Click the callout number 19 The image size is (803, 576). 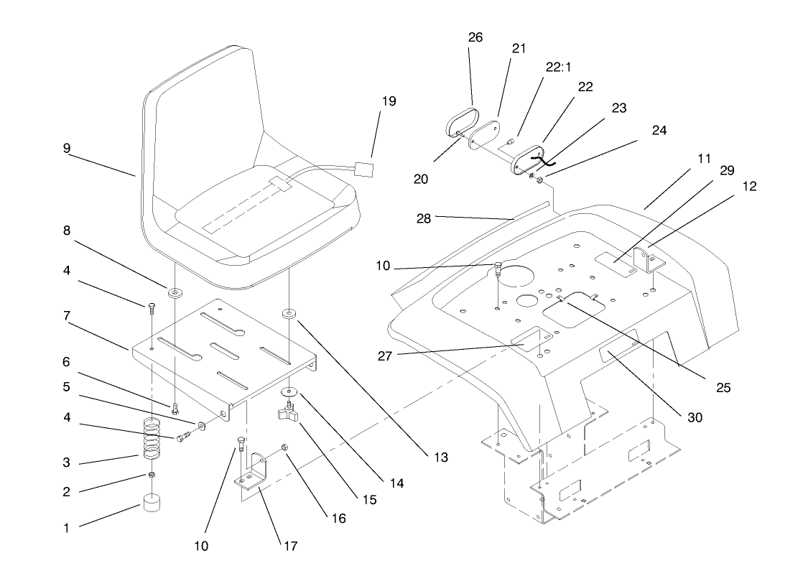[x=389, y=101]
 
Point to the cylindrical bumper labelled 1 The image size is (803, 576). [x=152, y=503]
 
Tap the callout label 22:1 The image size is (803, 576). [x=557, y=67]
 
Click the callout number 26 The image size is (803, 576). [x=475, y=37]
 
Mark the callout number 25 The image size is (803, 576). [x=723, y=388]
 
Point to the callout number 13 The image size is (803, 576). [x=440, y=457]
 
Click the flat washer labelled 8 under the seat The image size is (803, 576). [x=174, y=294]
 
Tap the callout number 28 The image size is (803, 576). [x=424, y=219]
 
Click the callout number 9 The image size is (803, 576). [x=66, y=149]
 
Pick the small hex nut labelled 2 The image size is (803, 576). [x=152, y=475]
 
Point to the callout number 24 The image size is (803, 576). [x=659, y=131]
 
